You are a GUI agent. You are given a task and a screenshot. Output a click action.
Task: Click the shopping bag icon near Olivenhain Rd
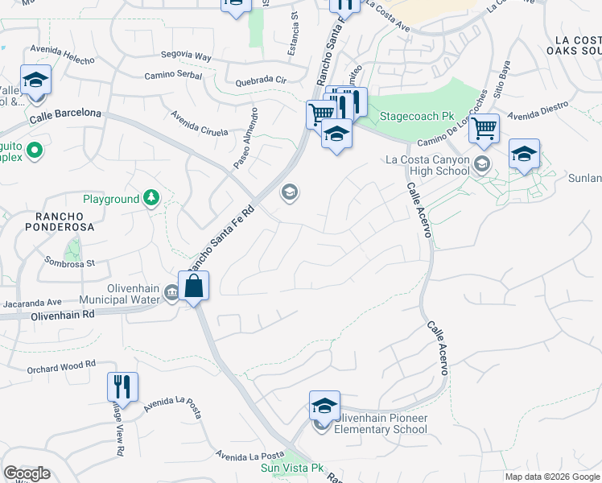tap(194, 286)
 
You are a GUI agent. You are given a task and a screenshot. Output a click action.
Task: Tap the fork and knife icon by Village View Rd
tap(122, 387)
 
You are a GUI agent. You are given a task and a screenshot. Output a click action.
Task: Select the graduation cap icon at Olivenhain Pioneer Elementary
tap(324, 406)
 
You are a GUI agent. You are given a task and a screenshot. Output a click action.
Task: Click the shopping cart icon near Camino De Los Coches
tap(484, 129)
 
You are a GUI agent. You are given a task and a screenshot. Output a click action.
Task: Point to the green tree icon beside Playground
tap(150, 198)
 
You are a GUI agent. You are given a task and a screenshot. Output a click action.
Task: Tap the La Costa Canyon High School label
tap(427, 165)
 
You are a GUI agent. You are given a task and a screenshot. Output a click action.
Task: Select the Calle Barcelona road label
tap(65, 116)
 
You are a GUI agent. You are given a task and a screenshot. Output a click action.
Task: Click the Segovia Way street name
tap(185, 56)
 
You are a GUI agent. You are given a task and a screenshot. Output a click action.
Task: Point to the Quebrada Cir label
tap(261, 81)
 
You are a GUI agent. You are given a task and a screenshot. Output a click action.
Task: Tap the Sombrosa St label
tap(69, 262)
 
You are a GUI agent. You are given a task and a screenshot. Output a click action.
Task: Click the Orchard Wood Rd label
tap(61, 369)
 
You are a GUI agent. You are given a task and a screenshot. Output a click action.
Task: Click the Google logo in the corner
tap(27, 473)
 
